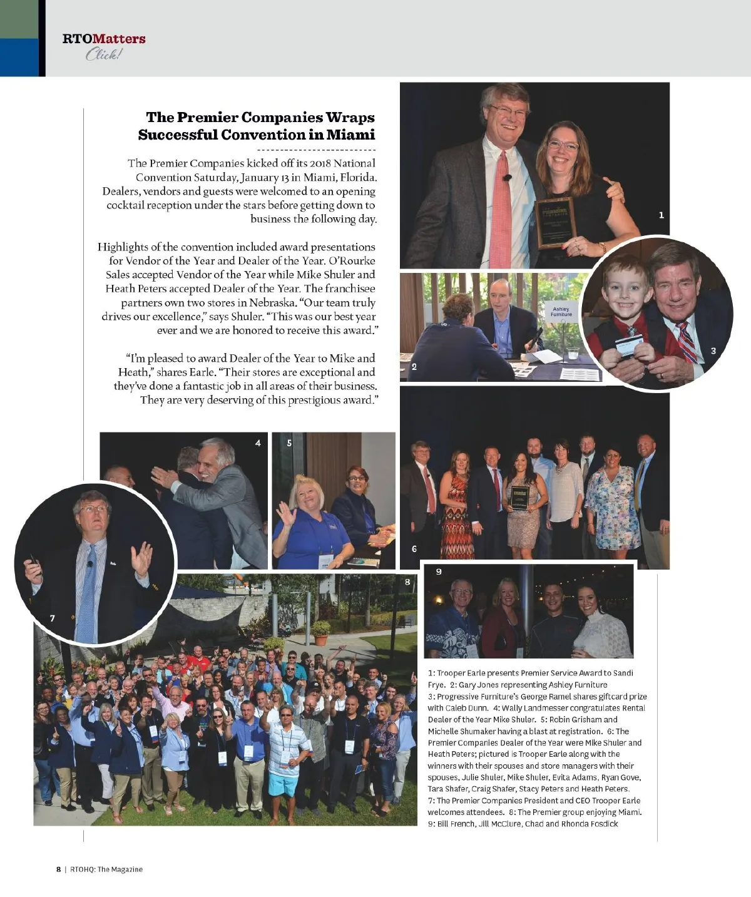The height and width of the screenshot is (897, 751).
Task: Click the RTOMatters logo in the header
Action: (x=104, y=38)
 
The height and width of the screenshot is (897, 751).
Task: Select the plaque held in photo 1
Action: (x=555, y=222)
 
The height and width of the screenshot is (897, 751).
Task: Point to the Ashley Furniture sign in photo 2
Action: (x=561, y=312)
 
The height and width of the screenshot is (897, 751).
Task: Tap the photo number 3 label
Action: (x=713, y=351)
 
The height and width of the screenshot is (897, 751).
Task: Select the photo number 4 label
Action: (x=258, y=443)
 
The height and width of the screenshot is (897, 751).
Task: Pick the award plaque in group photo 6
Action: (x=519, y=498)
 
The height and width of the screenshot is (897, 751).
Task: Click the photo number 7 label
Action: (x=53, y=618)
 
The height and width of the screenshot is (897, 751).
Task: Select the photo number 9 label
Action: (x=439, y=572)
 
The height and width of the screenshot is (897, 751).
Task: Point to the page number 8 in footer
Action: (x=58, y=869)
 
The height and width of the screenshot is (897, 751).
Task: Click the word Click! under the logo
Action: (x=104, y=54)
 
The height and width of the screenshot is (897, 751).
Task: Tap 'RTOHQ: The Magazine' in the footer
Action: (x=106, y=869)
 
